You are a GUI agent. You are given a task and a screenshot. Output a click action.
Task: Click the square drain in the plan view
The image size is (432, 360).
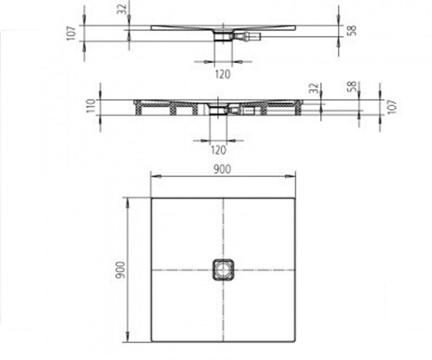pos(223,270)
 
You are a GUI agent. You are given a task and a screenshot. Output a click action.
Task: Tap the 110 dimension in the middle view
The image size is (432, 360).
pos(91,106)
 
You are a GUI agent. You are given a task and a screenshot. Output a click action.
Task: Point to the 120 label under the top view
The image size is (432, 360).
pos(223,75)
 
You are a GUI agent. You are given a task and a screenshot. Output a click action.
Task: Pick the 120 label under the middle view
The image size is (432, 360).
pos(219,150)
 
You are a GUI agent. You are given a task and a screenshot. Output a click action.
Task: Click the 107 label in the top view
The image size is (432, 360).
pos(71,33)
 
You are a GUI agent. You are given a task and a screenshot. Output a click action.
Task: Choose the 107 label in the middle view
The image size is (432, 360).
pos(392,107)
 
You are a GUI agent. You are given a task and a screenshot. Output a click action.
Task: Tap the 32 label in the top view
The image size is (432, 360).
pos(122,9)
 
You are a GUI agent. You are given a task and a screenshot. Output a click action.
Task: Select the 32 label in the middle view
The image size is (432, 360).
pos(314,88)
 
